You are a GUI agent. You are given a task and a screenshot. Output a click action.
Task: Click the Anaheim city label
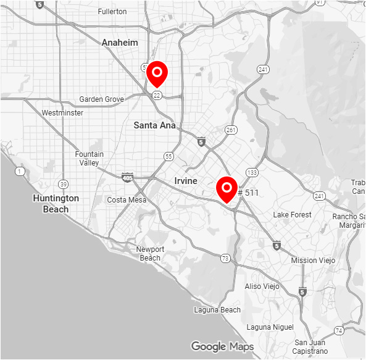click(x=120, y=43)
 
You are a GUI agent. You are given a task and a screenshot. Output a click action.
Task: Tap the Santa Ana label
click(x=154, y=125)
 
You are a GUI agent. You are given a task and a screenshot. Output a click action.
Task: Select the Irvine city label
click(x=186, y=181)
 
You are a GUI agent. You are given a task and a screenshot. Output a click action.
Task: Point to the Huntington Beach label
click(x=56, y=204)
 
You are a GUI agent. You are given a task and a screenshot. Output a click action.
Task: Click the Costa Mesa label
click(x=127, y=200)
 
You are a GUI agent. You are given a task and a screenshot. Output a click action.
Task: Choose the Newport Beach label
click(x=150, y=253)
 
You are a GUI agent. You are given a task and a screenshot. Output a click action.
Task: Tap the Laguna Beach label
click(x=217, y=309)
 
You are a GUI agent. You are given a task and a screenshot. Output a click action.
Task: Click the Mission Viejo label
click(x=313, y=261)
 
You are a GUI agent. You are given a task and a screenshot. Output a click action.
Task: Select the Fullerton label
click(x=112, y=12)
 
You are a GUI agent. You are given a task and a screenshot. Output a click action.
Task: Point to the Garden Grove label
click(x=102, y=99)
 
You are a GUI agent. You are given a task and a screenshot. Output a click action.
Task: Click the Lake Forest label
click(x=293, y=215)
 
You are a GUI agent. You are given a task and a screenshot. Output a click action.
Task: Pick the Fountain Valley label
click(x=89, y=158)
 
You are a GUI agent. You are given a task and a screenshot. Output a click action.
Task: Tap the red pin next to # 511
click(x=227, y=188)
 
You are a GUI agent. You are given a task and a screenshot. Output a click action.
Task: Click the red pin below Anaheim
click(x=157, y=74)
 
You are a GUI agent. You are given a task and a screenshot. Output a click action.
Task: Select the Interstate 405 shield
click(x=128, y=177)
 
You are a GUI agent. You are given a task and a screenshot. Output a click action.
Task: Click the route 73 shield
click(x=225, y=258)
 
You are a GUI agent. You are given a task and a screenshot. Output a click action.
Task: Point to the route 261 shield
click(x=231, y=130)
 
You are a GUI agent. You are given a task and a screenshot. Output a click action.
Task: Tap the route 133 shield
click(x=251, y=172)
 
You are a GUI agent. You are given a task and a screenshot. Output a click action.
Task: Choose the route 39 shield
click(x=63, y=184)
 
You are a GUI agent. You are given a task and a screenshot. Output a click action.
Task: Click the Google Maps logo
click(x=222, y=346)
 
